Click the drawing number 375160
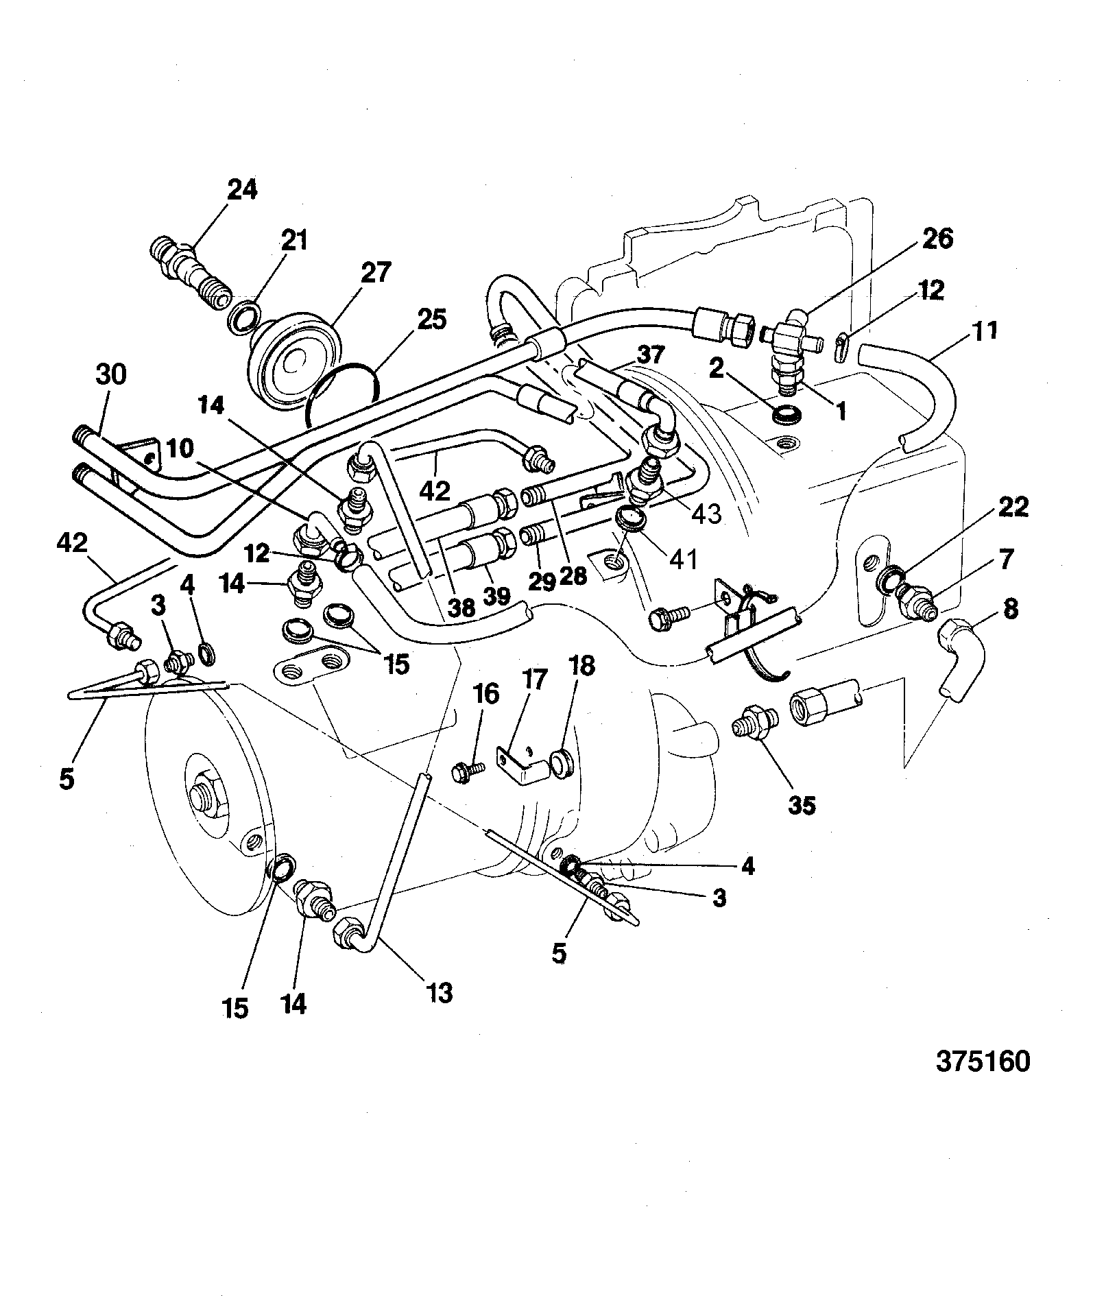(983, 1081)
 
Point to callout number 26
(937, 239)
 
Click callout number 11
(984, 331)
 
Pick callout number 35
(802, 805)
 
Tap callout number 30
(111, 376)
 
